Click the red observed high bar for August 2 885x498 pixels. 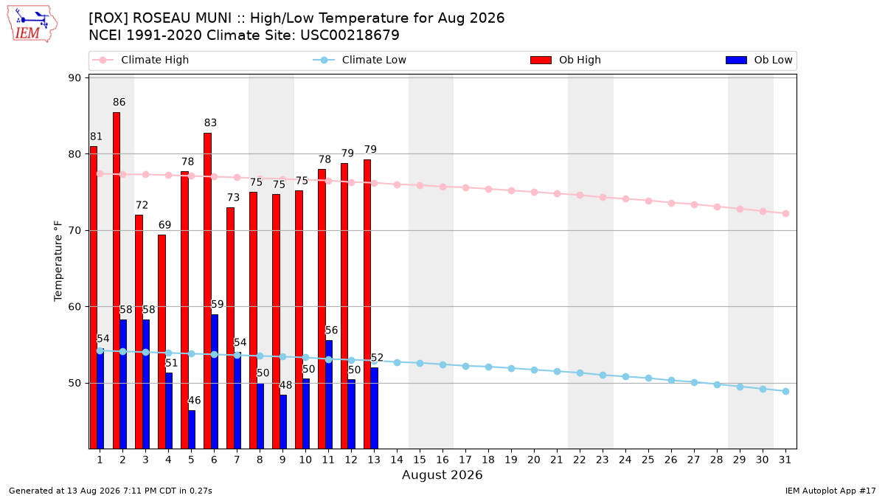(117, 280)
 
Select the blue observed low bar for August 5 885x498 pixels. (192, 429)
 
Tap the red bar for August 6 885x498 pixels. (207, 291)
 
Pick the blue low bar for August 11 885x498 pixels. (329, 395)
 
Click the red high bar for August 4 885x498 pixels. (162, 342)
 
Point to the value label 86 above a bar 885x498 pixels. (119, 102)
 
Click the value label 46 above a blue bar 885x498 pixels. (195, 401)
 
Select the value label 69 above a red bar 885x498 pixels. (164, 225)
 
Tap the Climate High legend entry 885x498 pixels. (140, 60)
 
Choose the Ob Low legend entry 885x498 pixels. (759, 60)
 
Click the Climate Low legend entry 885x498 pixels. (360, 60)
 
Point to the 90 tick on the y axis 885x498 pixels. (74, 78)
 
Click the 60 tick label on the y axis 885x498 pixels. (74, 307)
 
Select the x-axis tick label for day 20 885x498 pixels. (534, 460)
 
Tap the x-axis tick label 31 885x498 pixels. (785, 460)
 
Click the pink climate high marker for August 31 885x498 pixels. (785, 213)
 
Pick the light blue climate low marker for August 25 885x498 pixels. (648, 378)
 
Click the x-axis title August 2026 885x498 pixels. (442, 474)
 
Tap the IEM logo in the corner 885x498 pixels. (32, 24)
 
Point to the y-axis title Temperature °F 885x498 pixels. (58, 261)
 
